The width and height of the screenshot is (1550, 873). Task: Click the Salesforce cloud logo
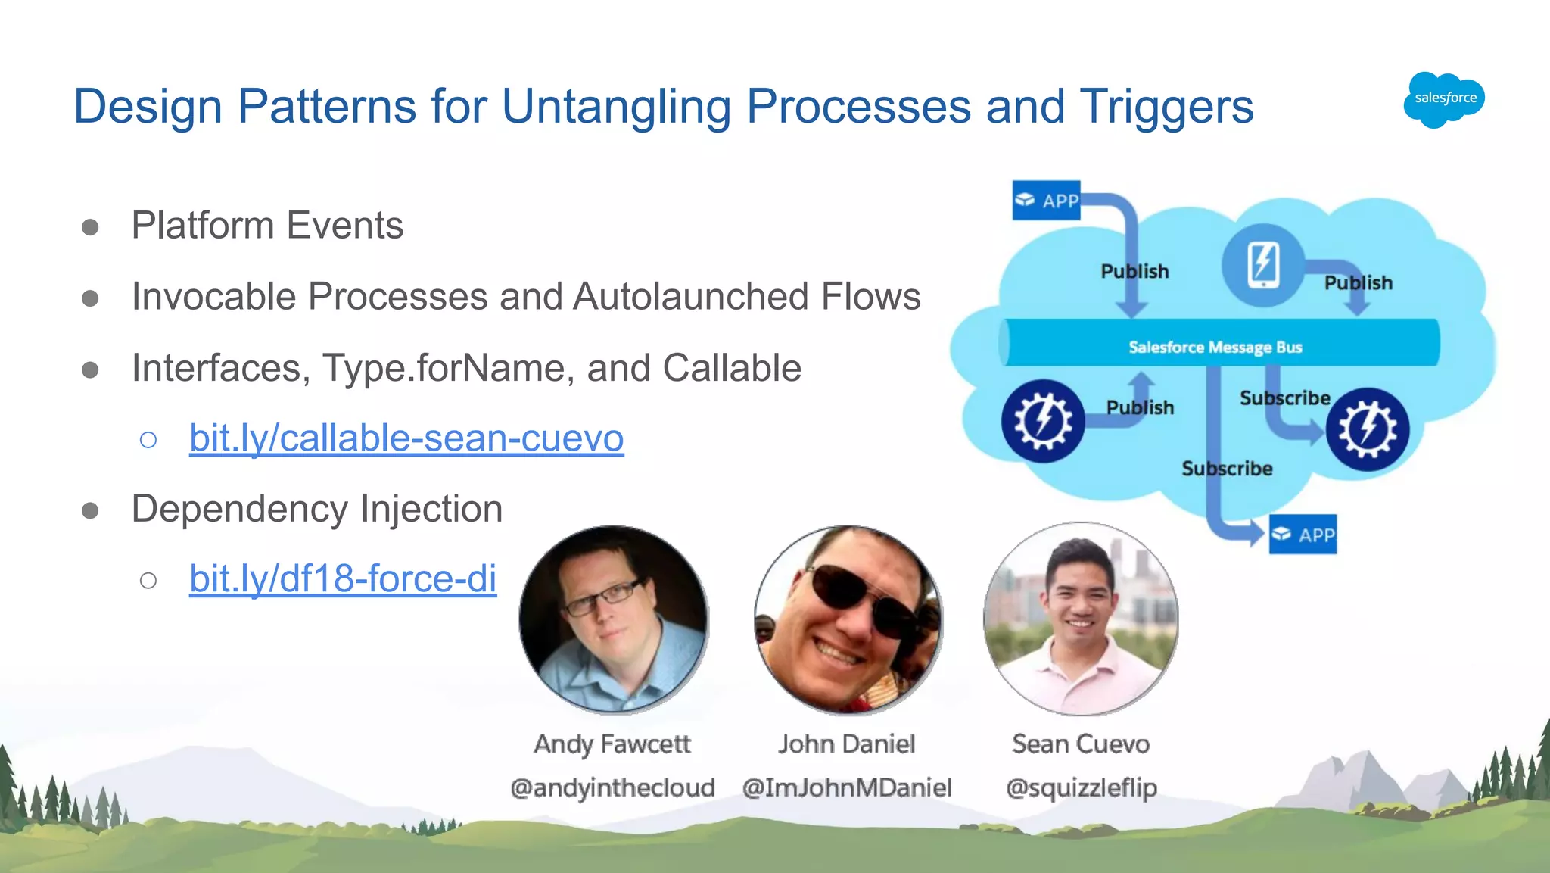click(x=1444, y=99)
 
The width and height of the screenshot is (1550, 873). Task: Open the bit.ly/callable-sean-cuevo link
click(x=406, y=438)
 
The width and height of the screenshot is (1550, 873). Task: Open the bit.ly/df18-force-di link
click(x=342, y=578)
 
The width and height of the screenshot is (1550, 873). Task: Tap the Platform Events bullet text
click(x=267, y=225)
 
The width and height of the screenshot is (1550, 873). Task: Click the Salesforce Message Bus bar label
click(x=1215, y=347)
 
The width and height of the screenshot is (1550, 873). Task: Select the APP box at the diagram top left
click(x=1046, y=201)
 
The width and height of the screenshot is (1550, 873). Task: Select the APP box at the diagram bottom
click(x=1303, y=535)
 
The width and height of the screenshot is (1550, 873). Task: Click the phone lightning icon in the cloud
click(x=1262, y=265)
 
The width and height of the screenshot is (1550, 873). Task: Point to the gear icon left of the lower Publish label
click(x=1042, y=421)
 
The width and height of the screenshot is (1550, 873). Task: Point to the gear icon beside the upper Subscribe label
click(x=1367, y=429)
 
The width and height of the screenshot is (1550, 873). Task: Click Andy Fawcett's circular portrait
click(x=613, y=619)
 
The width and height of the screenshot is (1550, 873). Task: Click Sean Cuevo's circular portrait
click(x=1081, y=619)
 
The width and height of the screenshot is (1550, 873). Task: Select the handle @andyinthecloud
click(x=612, y=787)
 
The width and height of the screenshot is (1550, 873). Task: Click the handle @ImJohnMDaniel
click(x=846, y=787)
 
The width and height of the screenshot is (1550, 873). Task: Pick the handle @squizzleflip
click(x=1081, y=787)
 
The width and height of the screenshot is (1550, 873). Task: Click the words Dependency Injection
click(x=316, y=508)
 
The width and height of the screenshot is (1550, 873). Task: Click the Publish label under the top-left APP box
click(x=1134, y=271)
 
